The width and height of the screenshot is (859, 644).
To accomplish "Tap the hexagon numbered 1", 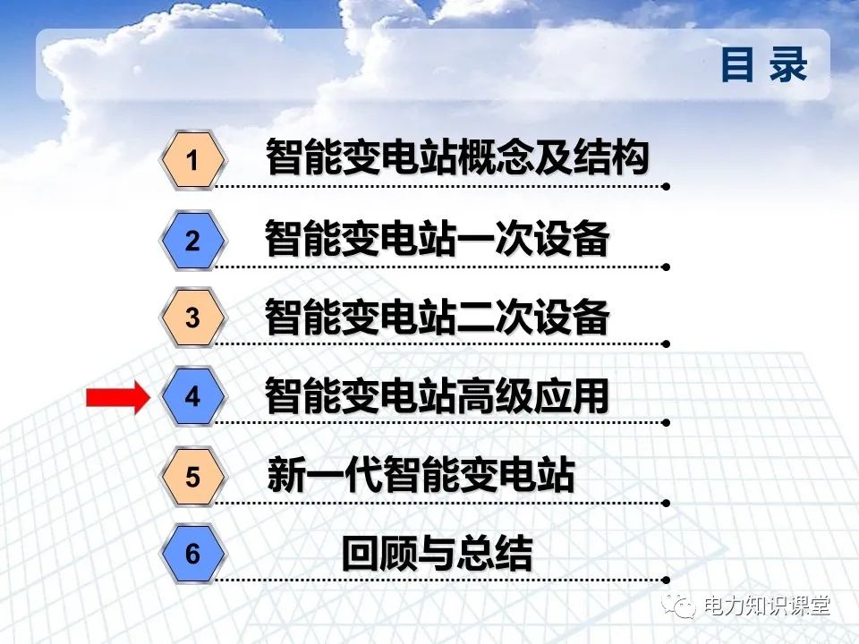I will (191, 161).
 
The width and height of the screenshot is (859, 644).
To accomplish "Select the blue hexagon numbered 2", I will (192, 241).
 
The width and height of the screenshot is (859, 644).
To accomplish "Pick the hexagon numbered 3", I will (192, 318).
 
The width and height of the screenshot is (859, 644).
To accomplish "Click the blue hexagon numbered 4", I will (192, 396).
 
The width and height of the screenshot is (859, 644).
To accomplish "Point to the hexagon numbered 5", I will (192, 477).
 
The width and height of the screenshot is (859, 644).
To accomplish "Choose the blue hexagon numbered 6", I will (192, 555).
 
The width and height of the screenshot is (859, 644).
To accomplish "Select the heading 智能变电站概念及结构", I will (456, 159).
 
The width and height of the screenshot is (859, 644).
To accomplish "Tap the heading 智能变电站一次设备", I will (437, 240).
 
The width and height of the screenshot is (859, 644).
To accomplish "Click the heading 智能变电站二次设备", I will (437, 318).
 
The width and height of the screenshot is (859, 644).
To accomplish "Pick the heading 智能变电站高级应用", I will (437, 396).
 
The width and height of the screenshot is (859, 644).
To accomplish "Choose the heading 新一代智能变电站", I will (421, 475).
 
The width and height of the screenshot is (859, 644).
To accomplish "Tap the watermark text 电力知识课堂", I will (768, 606).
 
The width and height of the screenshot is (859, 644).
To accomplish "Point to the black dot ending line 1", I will (666, 187).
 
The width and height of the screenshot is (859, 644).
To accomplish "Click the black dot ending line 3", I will (666, 343).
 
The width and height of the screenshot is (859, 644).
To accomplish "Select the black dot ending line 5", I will (666, 502).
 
